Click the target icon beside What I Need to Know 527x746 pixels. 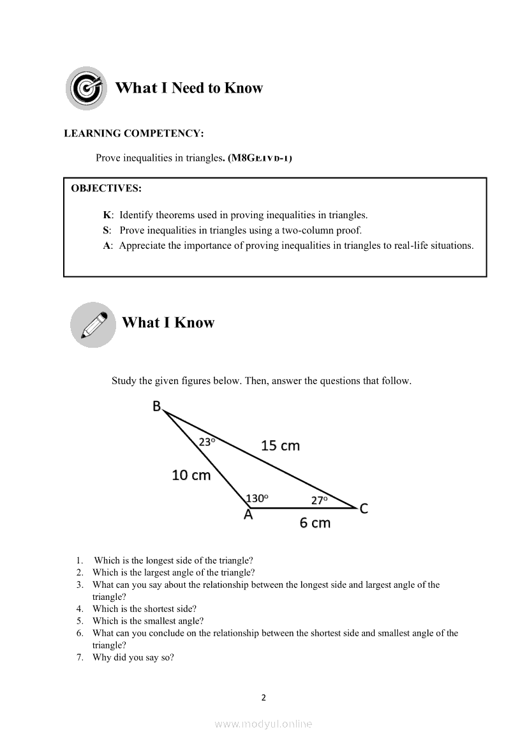coord(85,88)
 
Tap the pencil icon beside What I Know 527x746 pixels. coord(93,324)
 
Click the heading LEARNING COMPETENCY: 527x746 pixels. coord(134,133)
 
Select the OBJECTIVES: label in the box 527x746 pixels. coord(107,188)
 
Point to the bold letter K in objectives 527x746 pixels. coord(107,215)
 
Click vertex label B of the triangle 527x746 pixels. coord(157,406)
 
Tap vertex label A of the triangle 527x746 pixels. coord(248,515)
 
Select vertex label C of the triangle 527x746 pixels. coord(364,509)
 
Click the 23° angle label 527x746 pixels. coord(207,442)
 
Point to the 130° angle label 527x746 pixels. coord(257,498)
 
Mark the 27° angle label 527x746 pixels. coord(320,500)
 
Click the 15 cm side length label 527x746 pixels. coord(280,446)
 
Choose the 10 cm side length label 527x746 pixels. coord(191,475)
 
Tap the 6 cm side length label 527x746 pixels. coord(315,523)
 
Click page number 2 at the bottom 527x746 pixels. coord(263,698)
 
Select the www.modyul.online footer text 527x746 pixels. coord(263,724)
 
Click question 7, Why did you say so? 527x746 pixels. coord(133,658)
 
